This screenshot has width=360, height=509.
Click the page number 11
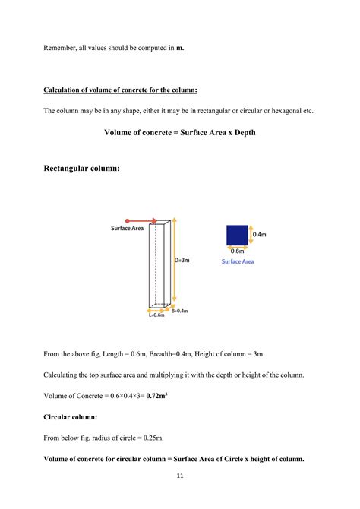pyautogui.click(x=180, y=476)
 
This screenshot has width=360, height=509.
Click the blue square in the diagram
pyautogui.click(x=237, y=235)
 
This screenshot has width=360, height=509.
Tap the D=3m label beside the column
pyautogui.click(x=182, y=260)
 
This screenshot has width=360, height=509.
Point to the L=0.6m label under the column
pyautogui.click(x=156, y=315)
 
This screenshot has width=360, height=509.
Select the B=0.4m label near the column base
pyautogui.click(x=179, y=311)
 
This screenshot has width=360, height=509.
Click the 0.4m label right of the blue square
pyautogui.click(x=259, y=235)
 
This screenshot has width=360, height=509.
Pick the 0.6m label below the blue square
pyautogui.click(x=237, y=251)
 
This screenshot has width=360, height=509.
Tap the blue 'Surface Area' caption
pyautogui.click(x=238, y=261)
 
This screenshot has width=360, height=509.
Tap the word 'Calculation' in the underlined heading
pyautogui.click(x=63, y=90)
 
